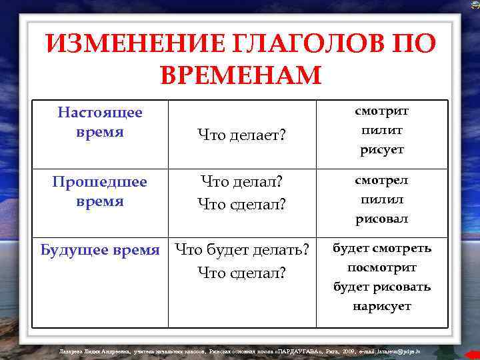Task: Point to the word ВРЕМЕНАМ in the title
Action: point(241,75)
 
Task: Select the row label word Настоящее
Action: point(100,112)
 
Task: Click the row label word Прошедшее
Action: point(100,181)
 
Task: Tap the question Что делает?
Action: point(241,135)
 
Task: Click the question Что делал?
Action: point(241,182)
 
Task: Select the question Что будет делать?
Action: point(241,250)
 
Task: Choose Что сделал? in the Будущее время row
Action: point(241,272)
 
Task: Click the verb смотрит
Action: point(382,111)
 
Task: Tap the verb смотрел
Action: point(382,180)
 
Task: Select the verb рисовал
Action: point(382,219)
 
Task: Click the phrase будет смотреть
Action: point(382,248)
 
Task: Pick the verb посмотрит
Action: point(382,267)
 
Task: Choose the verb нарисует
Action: point(382,306)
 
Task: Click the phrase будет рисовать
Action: point(382,287)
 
